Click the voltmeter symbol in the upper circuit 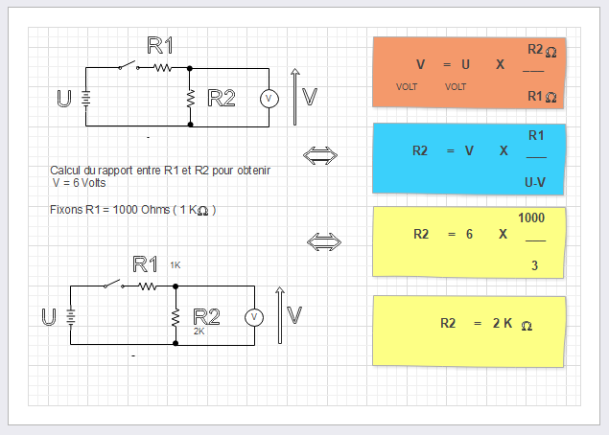click(269, 98)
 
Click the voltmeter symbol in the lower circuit click(254, 316)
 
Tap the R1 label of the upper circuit click(160, 45)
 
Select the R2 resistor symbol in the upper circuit click(190, 98)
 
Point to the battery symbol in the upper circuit click(86, 98)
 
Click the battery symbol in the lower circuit click(71, 316)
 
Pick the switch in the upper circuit click(126, 67)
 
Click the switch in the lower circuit click(110, 285)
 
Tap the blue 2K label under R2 click(199, 331)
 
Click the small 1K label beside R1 click(176, 264)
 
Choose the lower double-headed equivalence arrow click(323, 240)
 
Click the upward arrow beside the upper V click(295, 97)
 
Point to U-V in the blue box click(535, 181)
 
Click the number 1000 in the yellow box click(531, 218)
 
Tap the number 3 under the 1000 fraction click(534, 265)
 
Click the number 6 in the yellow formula click(469, 234)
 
